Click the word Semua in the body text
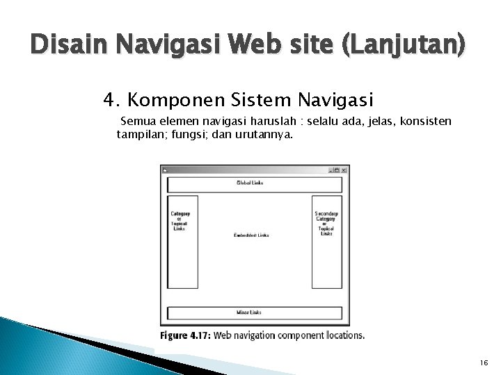(138, 122)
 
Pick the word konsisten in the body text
(425, 122)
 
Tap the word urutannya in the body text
(267, 134)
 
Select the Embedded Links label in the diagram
(252, 235)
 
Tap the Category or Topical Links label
(184, 224)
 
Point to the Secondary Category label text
(326, 217)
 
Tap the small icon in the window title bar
(164, 169)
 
